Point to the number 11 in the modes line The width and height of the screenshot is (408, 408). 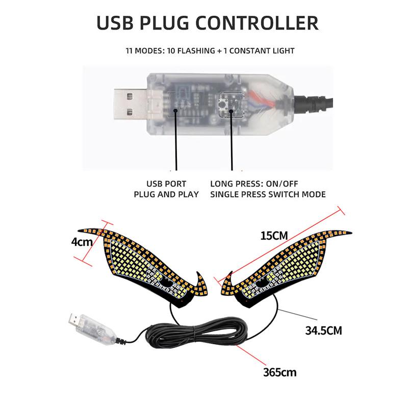130,50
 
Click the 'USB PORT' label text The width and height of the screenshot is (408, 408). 166,184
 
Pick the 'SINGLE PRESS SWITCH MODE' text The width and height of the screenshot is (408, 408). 268,194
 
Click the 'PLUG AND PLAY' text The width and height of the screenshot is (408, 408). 166,194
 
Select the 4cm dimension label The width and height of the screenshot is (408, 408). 82,241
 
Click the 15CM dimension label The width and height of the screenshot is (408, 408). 274,235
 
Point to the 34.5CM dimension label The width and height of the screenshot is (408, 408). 323,330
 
